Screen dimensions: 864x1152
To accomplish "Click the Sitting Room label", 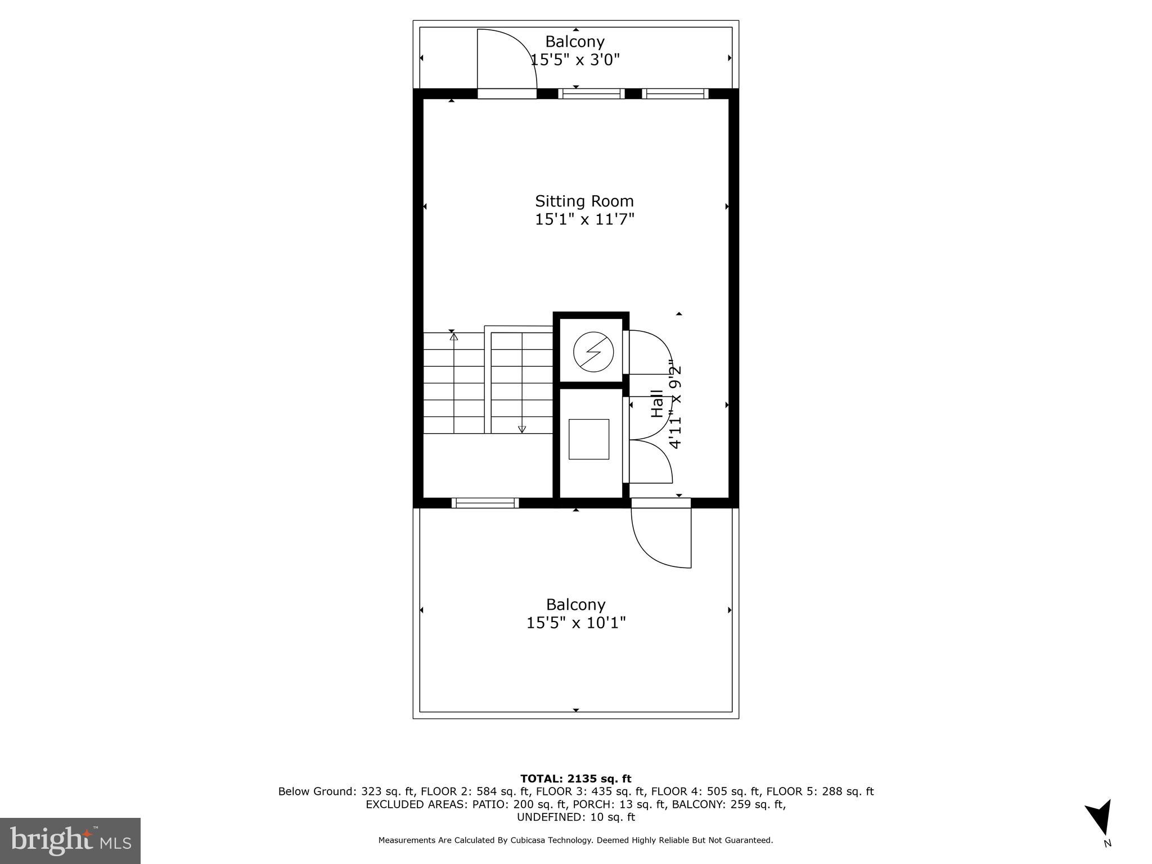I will (x=584, y=201).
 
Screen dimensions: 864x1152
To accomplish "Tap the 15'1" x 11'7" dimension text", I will (x=584, y=219).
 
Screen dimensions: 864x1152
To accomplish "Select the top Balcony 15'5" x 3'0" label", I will (x=575, y=50).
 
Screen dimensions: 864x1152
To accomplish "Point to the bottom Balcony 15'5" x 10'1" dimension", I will (x=576, y=623).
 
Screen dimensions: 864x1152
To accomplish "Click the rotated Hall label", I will (x=657, y=403).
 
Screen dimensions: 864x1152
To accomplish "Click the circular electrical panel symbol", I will (x=593, y=353).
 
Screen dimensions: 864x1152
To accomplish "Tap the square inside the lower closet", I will (x=588, y=439).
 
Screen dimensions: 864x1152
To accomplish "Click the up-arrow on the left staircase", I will (x=454, y=337).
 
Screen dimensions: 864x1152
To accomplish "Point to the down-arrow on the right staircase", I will (x=522, y=429).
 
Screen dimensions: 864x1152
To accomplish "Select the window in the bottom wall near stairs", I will (x=485, y=503).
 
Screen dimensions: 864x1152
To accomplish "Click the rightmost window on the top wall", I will (x=675, y=93).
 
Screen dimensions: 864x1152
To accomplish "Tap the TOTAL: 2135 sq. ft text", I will (x=575, y=778).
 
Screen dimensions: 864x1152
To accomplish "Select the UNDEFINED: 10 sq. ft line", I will (x=575, y=817).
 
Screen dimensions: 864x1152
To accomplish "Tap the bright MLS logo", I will (x=70, y=840).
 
